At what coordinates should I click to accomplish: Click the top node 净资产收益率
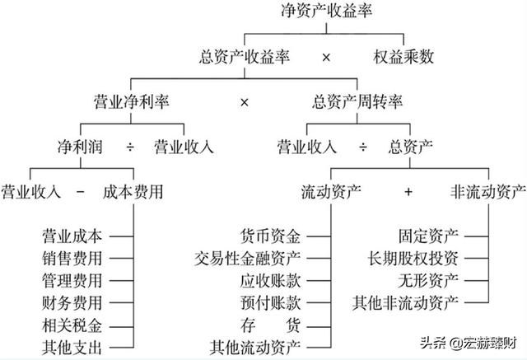pyautogui.click(x=326, y=10)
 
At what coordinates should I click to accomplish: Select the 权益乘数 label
pyautogui.click(x=403, y=57)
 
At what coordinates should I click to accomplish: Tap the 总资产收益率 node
pyautogui.click(x=245, y=57)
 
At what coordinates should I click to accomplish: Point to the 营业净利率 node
pyautogui.click(x=131, y=101)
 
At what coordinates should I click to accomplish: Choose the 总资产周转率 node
pyautogui.click(x=357, y=101)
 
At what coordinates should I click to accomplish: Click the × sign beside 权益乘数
pyautogui.click(x=326, y=58)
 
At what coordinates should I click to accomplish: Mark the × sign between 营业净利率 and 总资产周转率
pyautogui.click(x=245, y=102)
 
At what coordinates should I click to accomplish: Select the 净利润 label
pyautogui.click(x=80, y=147)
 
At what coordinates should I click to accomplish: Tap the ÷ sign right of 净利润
pyautogui.click(x=130, y=147)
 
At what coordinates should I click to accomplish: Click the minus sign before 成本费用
pyautogui.click(x=81, y=192)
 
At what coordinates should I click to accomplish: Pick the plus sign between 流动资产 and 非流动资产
pyautogui.click(x=408, y=192)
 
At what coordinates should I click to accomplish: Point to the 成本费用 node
pyautogui.click(x=133, y=192)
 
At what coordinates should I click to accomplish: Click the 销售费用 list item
pyautogui.click(x=72, y=258)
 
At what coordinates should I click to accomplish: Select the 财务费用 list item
pyautogui.click(x=72, y=303)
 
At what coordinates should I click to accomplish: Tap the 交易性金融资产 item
pyautogui.click(x=247, y=258)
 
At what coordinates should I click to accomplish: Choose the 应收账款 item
pyautogui.click(x=271, y=281)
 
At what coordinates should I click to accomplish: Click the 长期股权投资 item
pyautogui.click(x=413, y=258)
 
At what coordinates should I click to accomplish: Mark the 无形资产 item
pyautogui.click(x=428, y=281)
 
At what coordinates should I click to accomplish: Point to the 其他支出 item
pyautogui.click(x=72, y=347)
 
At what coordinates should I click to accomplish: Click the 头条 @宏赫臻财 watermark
pyautogui.click(x=469, y=344)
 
